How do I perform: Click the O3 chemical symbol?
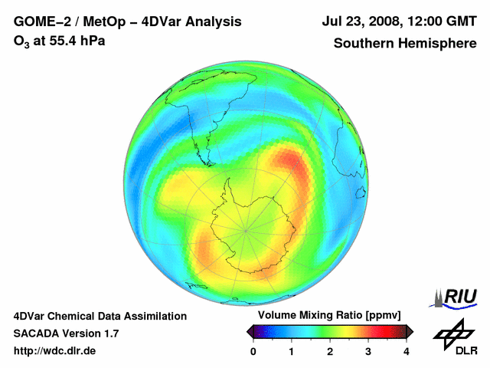click(21, 41)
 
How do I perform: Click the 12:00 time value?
click(421, 22)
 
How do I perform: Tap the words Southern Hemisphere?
click(405, 44)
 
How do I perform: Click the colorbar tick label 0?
click(253, 351)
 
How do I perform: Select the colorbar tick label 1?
click(292, 351)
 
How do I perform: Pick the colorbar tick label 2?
click(330, 351)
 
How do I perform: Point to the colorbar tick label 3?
click(368, 351)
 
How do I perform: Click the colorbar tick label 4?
click(407, 351)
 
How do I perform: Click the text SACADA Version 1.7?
click(66, 333)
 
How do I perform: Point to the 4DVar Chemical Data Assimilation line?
click(100, 316)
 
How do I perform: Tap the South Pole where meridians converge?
click(246, 228)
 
